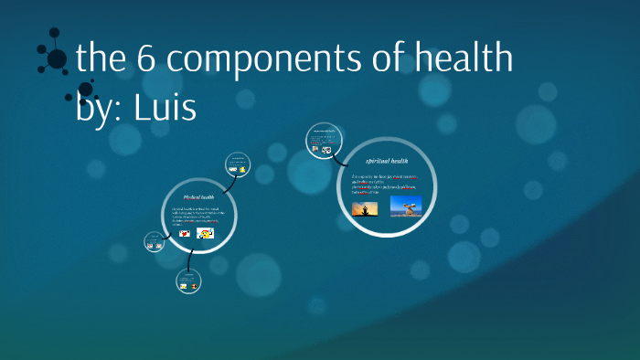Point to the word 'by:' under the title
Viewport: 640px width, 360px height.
pos(101,106)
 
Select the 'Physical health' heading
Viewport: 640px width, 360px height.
pos(198,196)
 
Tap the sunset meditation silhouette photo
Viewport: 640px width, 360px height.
pos(366,209)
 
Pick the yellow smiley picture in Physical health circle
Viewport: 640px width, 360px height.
pos(206,234)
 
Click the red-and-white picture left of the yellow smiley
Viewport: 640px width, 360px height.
pos(184,234)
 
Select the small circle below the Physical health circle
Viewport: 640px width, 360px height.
pos(190,282)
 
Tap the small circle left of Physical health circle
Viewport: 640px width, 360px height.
pos(155,242)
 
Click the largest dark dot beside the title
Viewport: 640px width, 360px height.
pos(57,59)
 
